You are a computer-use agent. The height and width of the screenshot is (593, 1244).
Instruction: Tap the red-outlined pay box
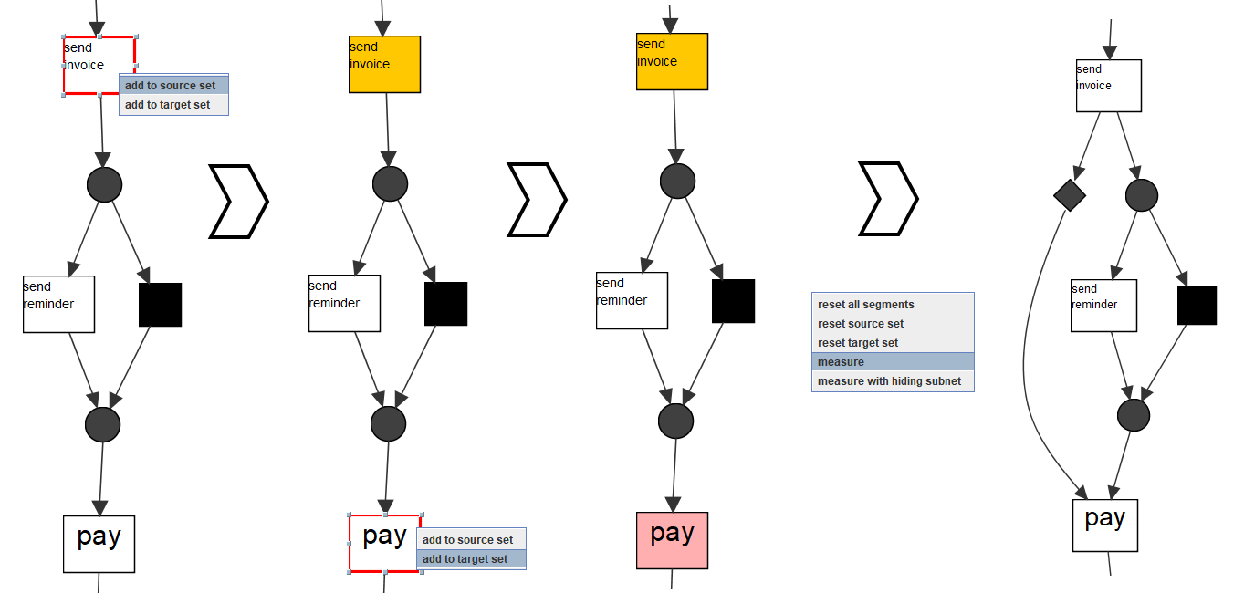tap(384, 543)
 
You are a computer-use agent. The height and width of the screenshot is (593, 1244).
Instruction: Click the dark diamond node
tap(1069, 194)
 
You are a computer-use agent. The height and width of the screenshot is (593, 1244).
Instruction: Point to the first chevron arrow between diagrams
tap(238, 201)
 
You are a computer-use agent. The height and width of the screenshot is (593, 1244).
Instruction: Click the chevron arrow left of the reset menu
tap(888, 199)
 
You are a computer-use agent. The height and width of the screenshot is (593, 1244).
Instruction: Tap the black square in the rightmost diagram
tap(1197, 305)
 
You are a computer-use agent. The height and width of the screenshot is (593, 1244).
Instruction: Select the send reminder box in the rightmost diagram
tap(1103, 306)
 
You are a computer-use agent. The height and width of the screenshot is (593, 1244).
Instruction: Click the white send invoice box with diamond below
tap(1108, 86)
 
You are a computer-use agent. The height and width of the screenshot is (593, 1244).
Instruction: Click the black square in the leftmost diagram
tap(160, 305)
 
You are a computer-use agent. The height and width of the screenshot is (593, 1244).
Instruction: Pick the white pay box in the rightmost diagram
tap(1104, 525)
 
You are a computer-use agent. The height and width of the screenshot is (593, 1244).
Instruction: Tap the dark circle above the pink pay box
tap(675, 420)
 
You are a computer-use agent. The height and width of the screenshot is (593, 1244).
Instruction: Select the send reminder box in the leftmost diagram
tap(58, 304)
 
